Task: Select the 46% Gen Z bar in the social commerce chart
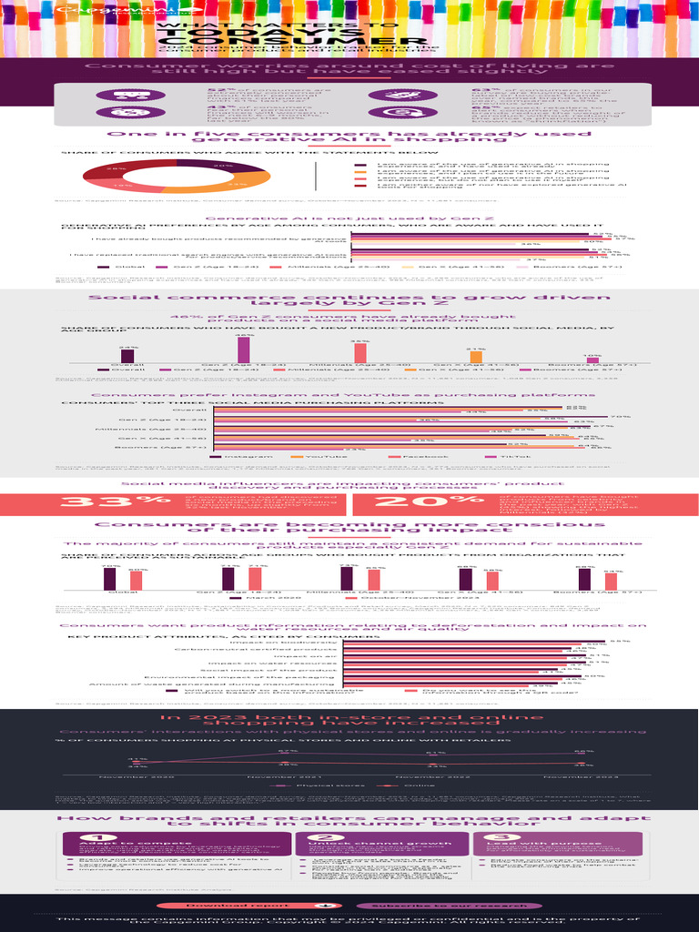(243, 349)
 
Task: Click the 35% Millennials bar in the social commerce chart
(360, 353)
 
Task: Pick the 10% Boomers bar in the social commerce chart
(593, 360)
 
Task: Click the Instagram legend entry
(241, 455)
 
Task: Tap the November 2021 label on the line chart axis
(286, 776)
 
